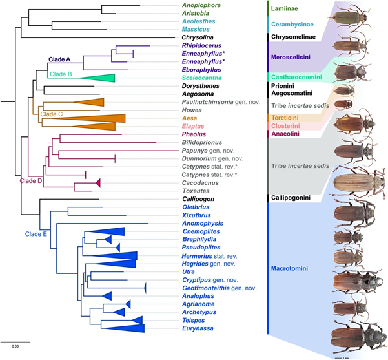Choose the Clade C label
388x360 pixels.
click(53, 114)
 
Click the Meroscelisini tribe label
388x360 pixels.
click(295, 58)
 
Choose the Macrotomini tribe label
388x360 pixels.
click(296, 266)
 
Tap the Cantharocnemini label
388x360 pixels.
click(298, 78)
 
